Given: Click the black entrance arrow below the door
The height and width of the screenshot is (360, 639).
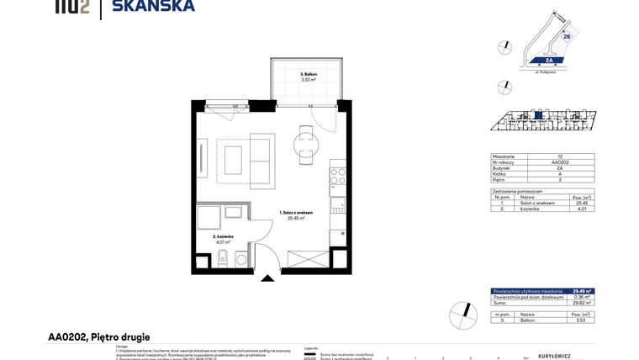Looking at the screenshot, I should coord(268,278).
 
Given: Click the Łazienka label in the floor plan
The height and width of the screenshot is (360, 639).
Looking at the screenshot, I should coord(223,237).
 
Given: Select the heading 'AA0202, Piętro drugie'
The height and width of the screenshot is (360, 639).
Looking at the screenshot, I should coord(98,337).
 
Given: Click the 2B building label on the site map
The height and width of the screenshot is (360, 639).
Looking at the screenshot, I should coord(567,37).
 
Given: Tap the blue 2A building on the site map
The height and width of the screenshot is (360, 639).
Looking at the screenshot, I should coord(547,61).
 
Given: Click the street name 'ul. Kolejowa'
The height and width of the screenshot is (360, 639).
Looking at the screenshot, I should coord(549,72).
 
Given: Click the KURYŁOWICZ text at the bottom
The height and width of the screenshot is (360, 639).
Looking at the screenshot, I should coord(554,357).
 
